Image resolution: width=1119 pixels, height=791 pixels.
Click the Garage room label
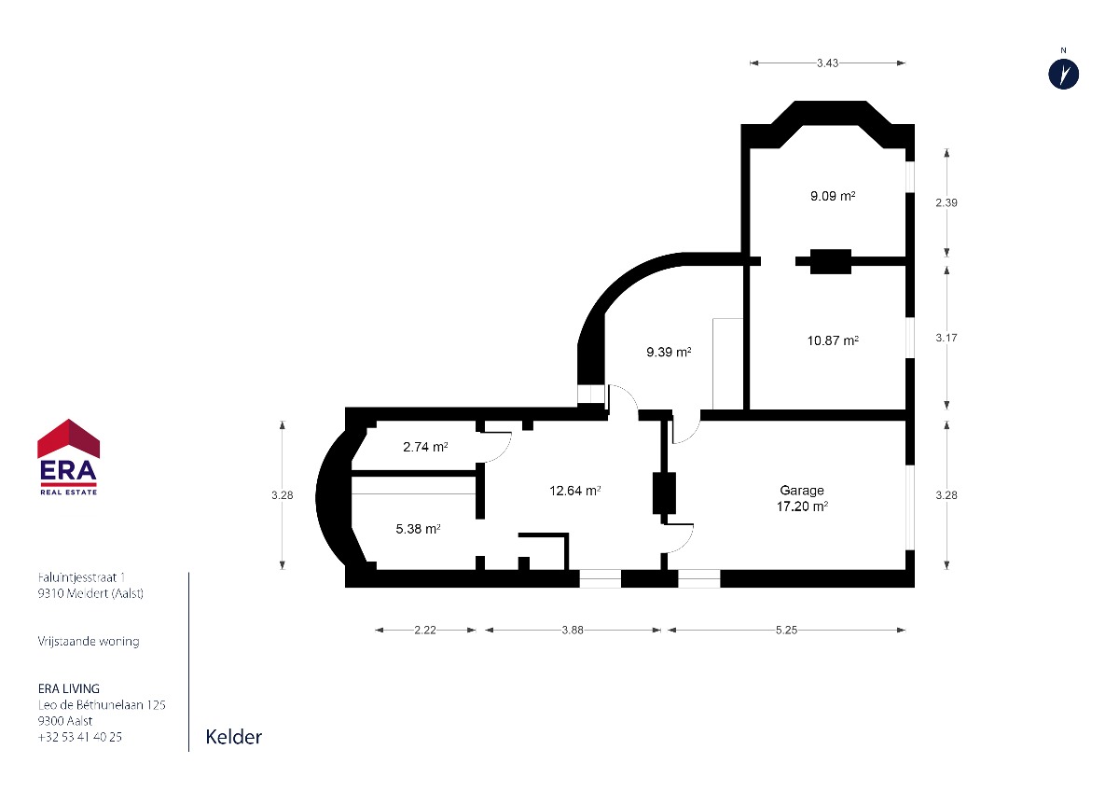coord(802,491)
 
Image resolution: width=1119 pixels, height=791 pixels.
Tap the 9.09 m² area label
coord(833,196)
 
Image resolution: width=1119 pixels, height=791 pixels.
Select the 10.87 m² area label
coord(833,340)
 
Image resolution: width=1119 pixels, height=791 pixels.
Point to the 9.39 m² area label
coord(669,353)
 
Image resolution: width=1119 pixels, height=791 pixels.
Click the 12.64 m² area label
coord(575,491)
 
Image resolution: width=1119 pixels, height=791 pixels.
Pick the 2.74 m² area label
coord(425,447)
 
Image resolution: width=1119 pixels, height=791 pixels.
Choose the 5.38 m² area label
coord(418,529)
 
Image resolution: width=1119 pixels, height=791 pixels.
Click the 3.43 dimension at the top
coord(827,62)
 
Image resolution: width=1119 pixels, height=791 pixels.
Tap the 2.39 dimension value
coord(946,202)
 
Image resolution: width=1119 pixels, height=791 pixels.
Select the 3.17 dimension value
coord(946,338)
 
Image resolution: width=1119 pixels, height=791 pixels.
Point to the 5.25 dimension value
coord(786,631)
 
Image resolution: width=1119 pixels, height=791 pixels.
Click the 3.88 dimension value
coord(573,631)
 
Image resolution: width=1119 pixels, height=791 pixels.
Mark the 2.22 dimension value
coord(425,631)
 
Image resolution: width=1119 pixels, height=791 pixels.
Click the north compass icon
coord(1064,75)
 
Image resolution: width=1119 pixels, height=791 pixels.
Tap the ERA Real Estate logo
coord(68,457)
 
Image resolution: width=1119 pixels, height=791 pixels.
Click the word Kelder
coord(234,737)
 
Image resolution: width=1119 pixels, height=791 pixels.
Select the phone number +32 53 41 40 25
coord(80,737)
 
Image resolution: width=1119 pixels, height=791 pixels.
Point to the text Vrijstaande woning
coord(89,641)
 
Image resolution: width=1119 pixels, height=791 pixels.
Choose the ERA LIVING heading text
coord(69,688)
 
